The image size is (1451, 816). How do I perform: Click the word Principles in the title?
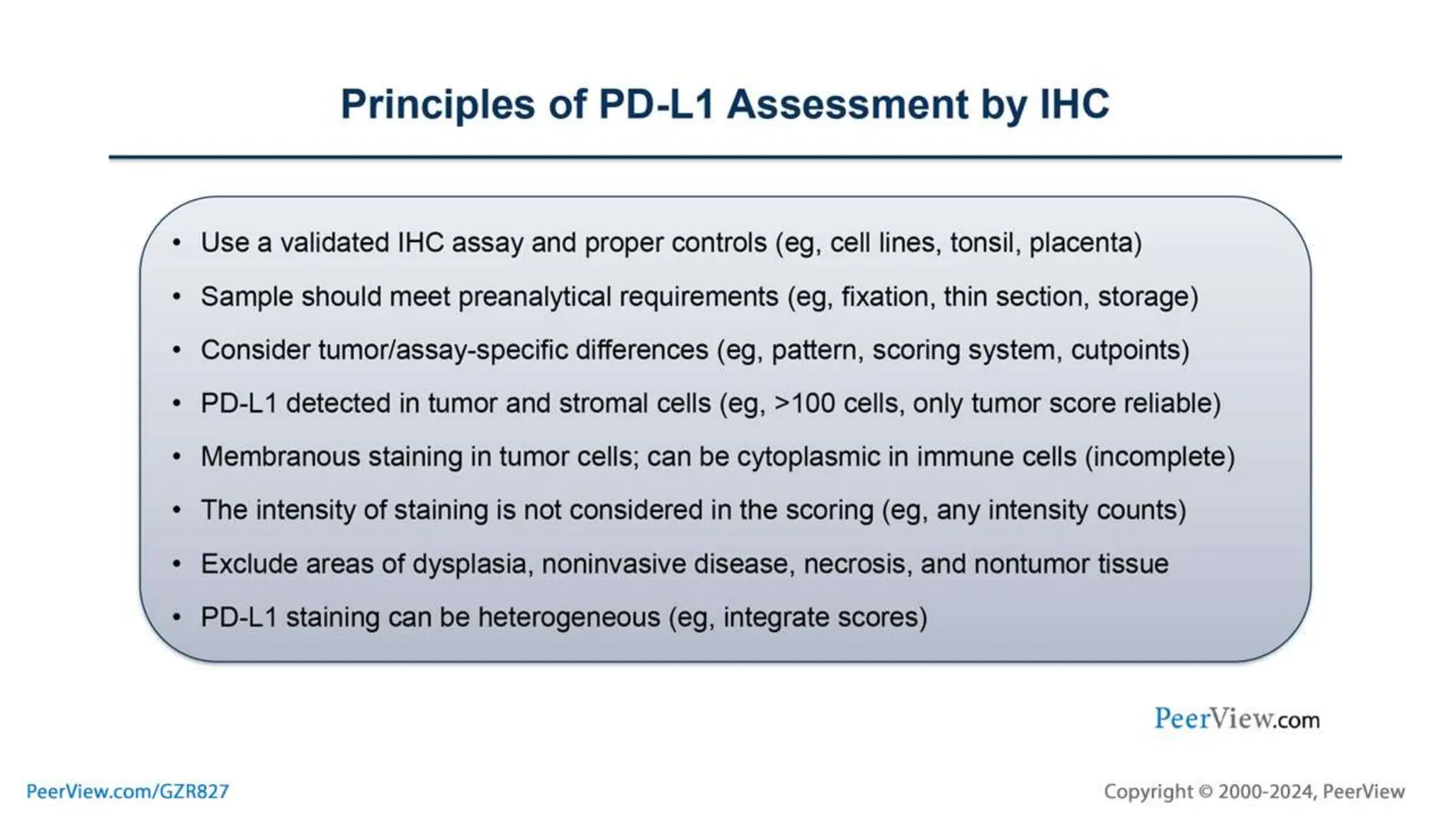438,105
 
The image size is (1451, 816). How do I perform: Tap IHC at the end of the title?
1073,105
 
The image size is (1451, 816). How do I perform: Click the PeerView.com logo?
1236,719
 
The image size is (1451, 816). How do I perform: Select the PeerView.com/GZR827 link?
128,791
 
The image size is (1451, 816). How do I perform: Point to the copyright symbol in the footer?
1205,791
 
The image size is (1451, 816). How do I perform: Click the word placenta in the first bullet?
1085,243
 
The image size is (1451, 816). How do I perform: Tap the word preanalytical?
534,297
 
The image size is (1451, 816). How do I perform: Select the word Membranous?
281,457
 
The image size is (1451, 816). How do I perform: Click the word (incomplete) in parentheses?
1160,457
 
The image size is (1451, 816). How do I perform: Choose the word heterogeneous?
569,617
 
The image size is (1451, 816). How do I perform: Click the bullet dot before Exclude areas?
177,564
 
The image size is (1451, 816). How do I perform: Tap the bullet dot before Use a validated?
177,243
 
